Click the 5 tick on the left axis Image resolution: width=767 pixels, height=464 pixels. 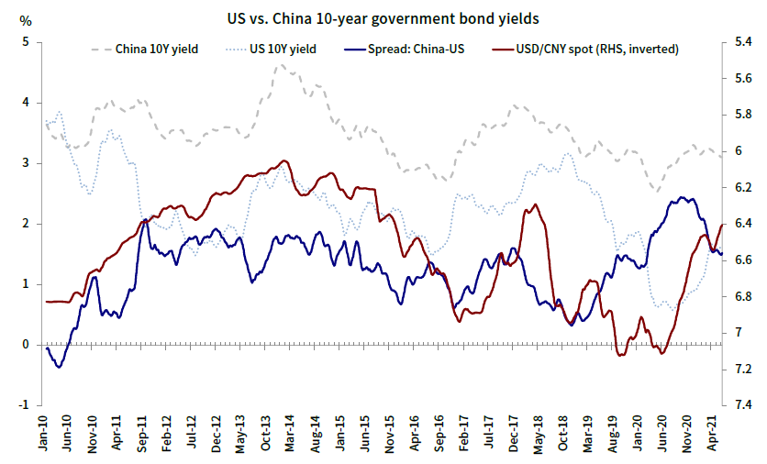click(x=27, y=42)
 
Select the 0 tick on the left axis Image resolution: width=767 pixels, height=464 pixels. click(x=27, y=345)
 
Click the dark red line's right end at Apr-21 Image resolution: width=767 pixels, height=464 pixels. click(x=724, y=224)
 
